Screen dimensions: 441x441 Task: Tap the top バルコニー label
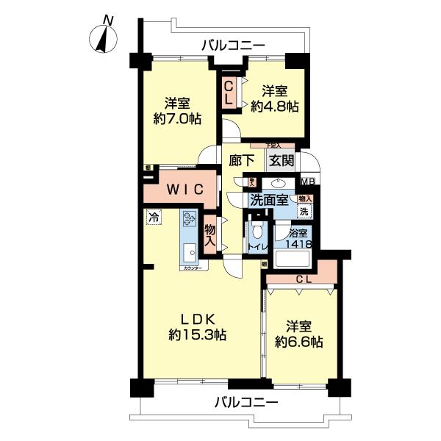[x=234, y=46]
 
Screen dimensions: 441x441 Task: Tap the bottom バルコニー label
[x=246, y=403]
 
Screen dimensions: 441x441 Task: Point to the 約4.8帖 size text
[x=274, y=107]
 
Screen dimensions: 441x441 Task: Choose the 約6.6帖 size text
[x=298, y=342]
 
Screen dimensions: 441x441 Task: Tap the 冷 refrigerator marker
[x=153, y=218]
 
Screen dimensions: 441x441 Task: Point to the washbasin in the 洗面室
[x=280, y=184]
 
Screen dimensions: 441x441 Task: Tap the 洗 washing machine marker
[x=303, y=210]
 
